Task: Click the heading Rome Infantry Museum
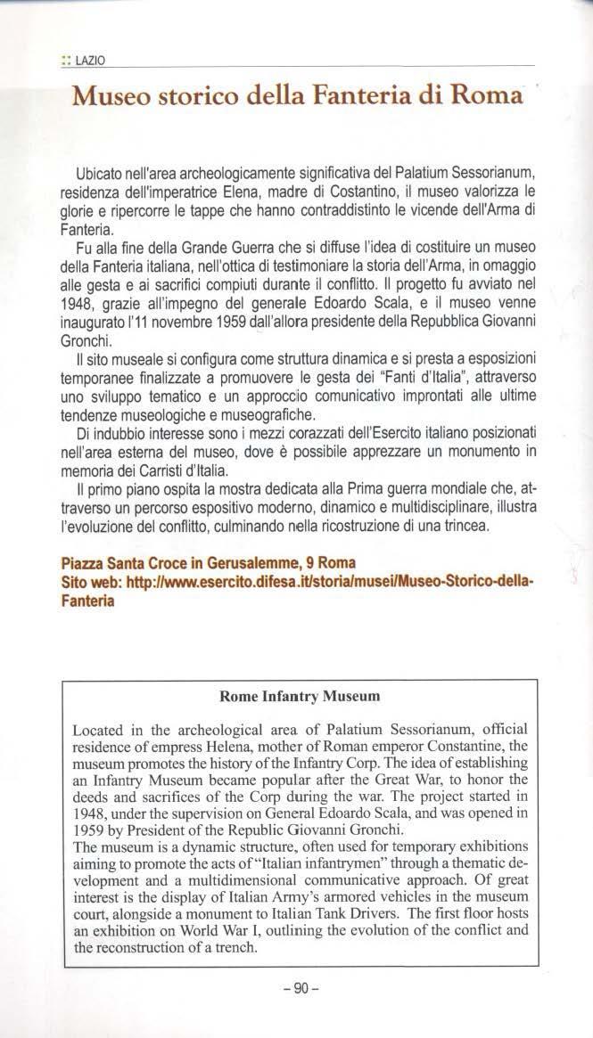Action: [x=299, y=695]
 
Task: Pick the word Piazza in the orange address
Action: [x=83, y=563]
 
